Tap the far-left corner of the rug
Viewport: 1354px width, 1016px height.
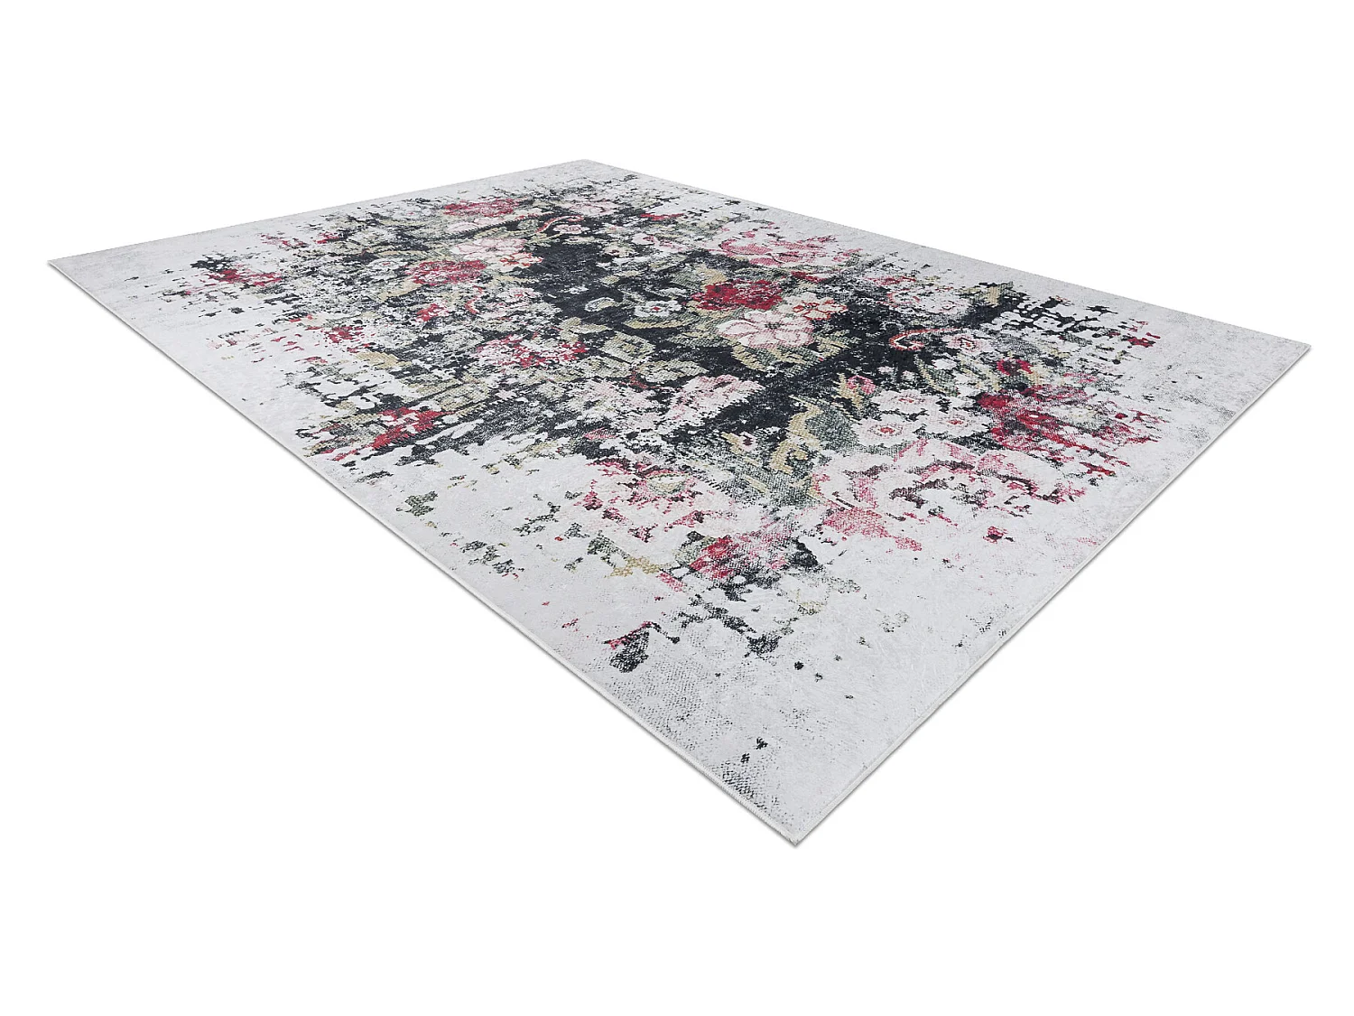[51, 263]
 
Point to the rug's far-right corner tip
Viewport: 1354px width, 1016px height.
[1306, 345]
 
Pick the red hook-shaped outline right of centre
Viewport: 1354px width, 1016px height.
[912, 340]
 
